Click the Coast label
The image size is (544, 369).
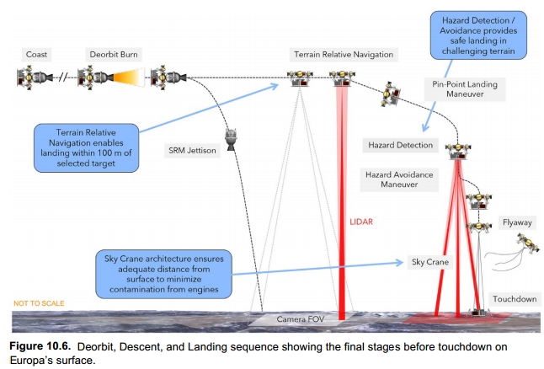37,55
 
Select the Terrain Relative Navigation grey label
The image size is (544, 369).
343,55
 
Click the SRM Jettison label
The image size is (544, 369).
192,151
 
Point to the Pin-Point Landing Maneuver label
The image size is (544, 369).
462,89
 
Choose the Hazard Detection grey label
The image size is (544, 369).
400,145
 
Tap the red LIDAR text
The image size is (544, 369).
361,222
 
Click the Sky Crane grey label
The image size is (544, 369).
429,261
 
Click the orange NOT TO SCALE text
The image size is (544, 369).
39,303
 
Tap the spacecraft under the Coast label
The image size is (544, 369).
33,79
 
